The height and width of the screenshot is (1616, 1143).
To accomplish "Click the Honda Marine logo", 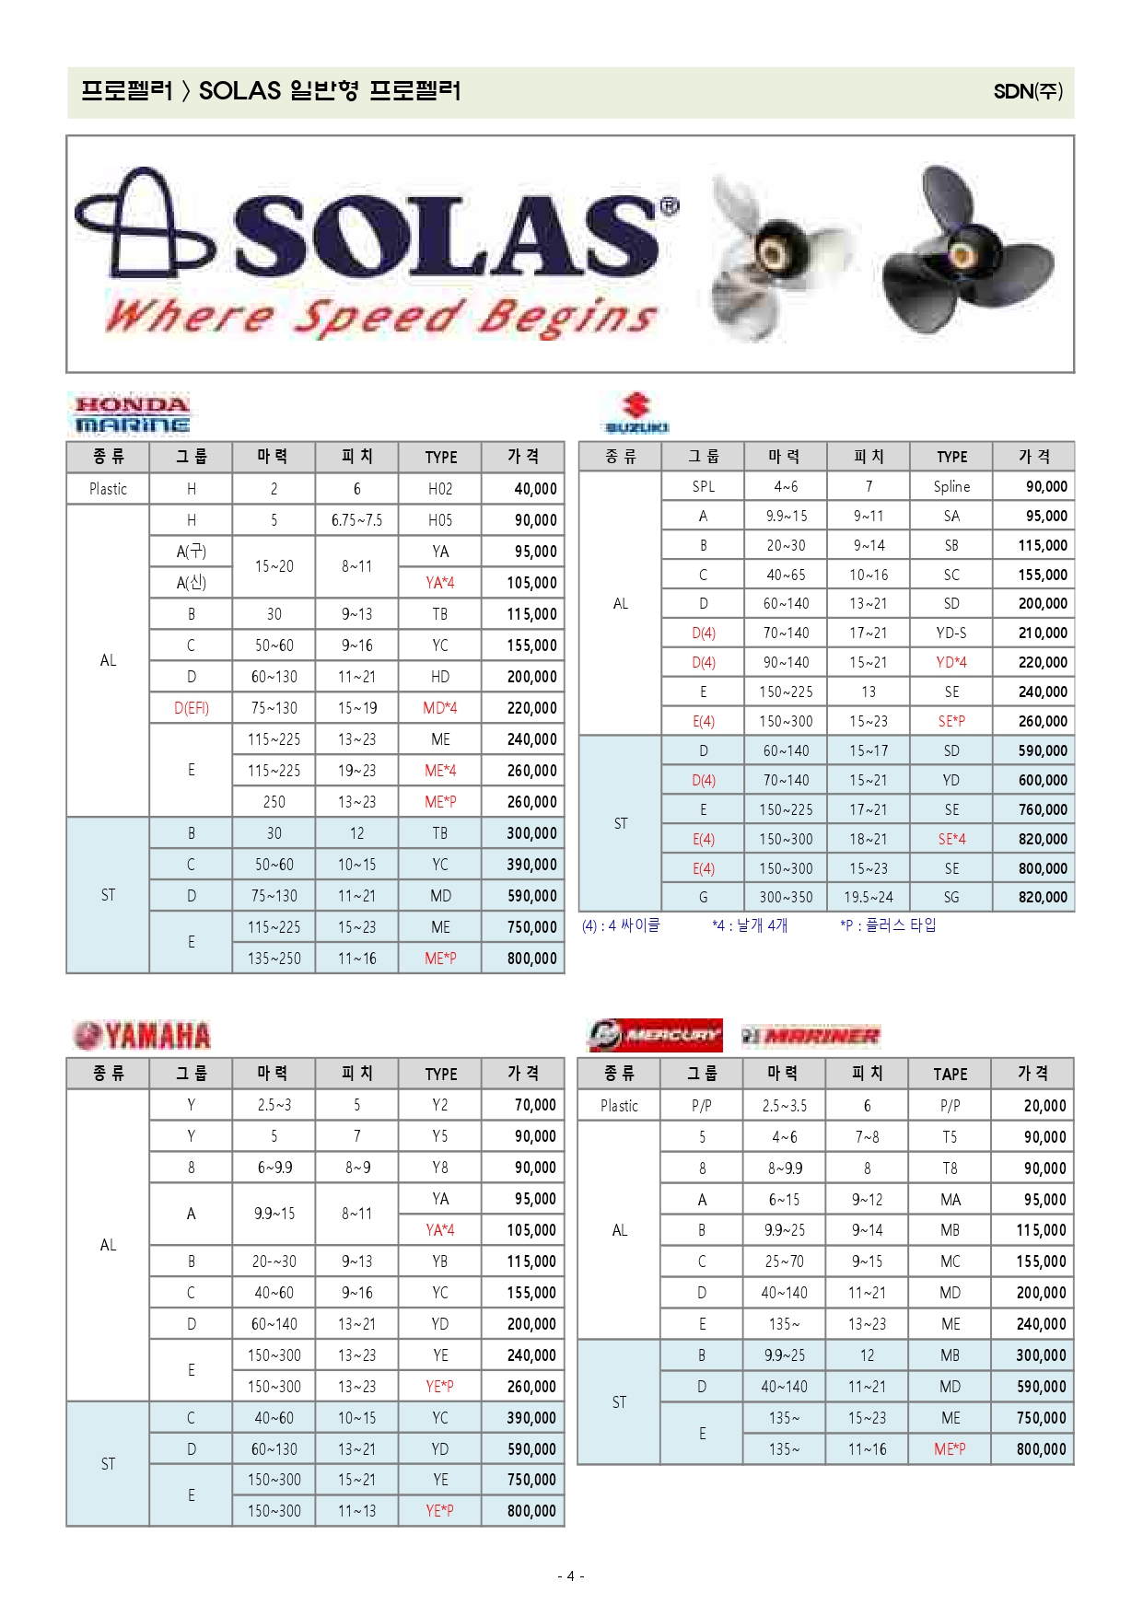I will (132, 414).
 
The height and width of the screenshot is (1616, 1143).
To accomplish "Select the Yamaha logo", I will (142, 1035).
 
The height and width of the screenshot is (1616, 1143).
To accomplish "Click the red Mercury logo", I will (655, 1035).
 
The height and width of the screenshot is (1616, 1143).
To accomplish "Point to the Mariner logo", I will (811, 1036).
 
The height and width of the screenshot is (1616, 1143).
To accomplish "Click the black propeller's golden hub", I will (962, 252).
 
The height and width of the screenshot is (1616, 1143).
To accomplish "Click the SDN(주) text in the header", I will (1028, 91).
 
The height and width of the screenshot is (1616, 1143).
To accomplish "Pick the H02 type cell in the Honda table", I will (440, 489).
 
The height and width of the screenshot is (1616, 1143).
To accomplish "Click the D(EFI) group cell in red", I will (192, 708).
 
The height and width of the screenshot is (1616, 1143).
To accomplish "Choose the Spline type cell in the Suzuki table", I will (951, 486).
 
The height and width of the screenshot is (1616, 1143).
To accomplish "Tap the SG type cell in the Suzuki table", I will (951, 897).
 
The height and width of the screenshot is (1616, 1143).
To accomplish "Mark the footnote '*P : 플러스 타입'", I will (887, 924).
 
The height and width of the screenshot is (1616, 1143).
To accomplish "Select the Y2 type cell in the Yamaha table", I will (440, 1105).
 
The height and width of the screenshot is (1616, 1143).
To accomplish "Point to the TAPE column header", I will (950, 1074).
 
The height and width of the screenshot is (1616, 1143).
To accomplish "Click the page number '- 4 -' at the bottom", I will (570, 1575).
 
